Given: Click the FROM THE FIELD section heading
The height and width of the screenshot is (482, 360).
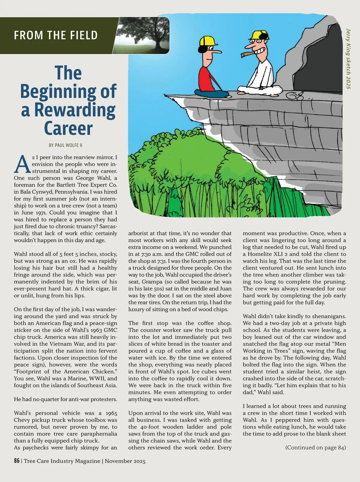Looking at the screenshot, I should (56, 35).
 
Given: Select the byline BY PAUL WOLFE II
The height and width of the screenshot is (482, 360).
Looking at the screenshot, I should (65, 145).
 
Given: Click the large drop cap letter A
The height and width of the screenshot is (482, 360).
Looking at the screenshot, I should (22, 165).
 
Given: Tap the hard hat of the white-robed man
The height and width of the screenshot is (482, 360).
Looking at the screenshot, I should (259, 35).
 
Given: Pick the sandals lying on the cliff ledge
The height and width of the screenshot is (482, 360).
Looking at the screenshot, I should (295, 96).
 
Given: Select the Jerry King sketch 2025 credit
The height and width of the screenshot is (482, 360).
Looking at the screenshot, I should (348, 59).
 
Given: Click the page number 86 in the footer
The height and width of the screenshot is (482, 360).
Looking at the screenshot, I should (17, 461).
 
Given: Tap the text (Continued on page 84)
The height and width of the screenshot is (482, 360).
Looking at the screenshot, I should (315, 447).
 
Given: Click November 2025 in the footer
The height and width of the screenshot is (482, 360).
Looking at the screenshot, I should (125, 461).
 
